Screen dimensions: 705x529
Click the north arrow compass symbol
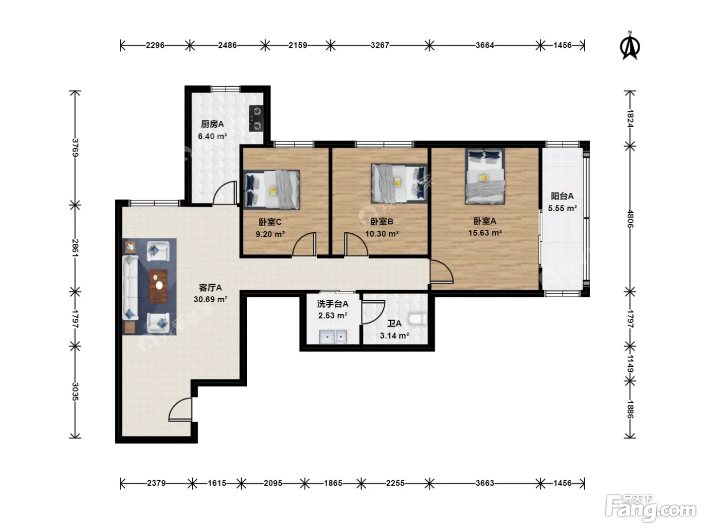tap(629, 46)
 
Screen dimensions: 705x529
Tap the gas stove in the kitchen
tap(256, 118)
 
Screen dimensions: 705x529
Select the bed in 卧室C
tap(271, 190)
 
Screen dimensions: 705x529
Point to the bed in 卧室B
tap(399, 183)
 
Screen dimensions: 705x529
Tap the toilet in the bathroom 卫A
tap(417, 319)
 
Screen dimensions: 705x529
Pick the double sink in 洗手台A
tap(333, 337)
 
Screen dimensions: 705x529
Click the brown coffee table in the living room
tap(158, 286)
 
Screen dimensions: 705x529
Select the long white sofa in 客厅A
tap(130, 288)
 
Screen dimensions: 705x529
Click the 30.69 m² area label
tap(210, 299)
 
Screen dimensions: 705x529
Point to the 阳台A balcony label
tap(562, 196)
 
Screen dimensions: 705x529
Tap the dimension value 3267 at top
tap(380, 45)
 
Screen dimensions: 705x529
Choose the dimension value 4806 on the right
tap(630, 219)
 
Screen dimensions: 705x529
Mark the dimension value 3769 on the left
tap(75, 148)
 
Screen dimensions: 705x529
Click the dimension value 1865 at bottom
tap(333, 483)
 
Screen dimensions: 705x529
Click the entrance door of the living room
tap(180, 409)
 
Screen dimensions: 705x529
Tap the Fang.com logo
tap(650, 507)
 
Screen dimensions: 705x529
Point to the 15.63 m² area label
tap(485, 233)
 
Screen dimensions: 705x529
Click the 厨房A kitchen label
tap(213, 124)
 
